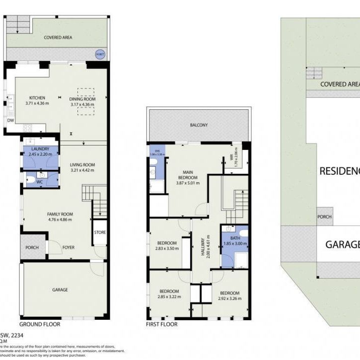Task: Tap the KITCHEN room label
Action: [37, 98]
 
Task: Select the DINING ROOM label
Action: [82, 99]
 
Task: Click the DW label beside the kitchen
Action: [10, 120]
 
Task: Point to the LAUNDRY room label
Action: [40, 149]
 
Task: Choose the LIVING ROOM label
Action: [82, 165]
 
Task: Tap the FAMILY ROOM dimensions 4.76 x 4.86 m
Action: [60, 219]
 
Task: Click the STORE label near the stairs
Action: [100, 232]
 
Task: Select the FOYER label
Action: [69, 247]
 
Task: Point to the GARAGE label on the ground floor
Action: [60, 289]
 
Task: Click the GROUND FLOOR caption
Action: [40, 324]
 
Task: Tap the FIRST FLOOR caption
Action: [161, 324]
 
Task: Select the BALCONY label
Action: [198, 125]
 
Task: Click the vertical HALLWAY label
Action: [203, 246]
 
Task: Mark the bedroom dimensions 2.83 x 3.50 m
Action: [166, 249]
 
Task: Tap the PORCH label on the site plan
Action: [325, 217]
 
